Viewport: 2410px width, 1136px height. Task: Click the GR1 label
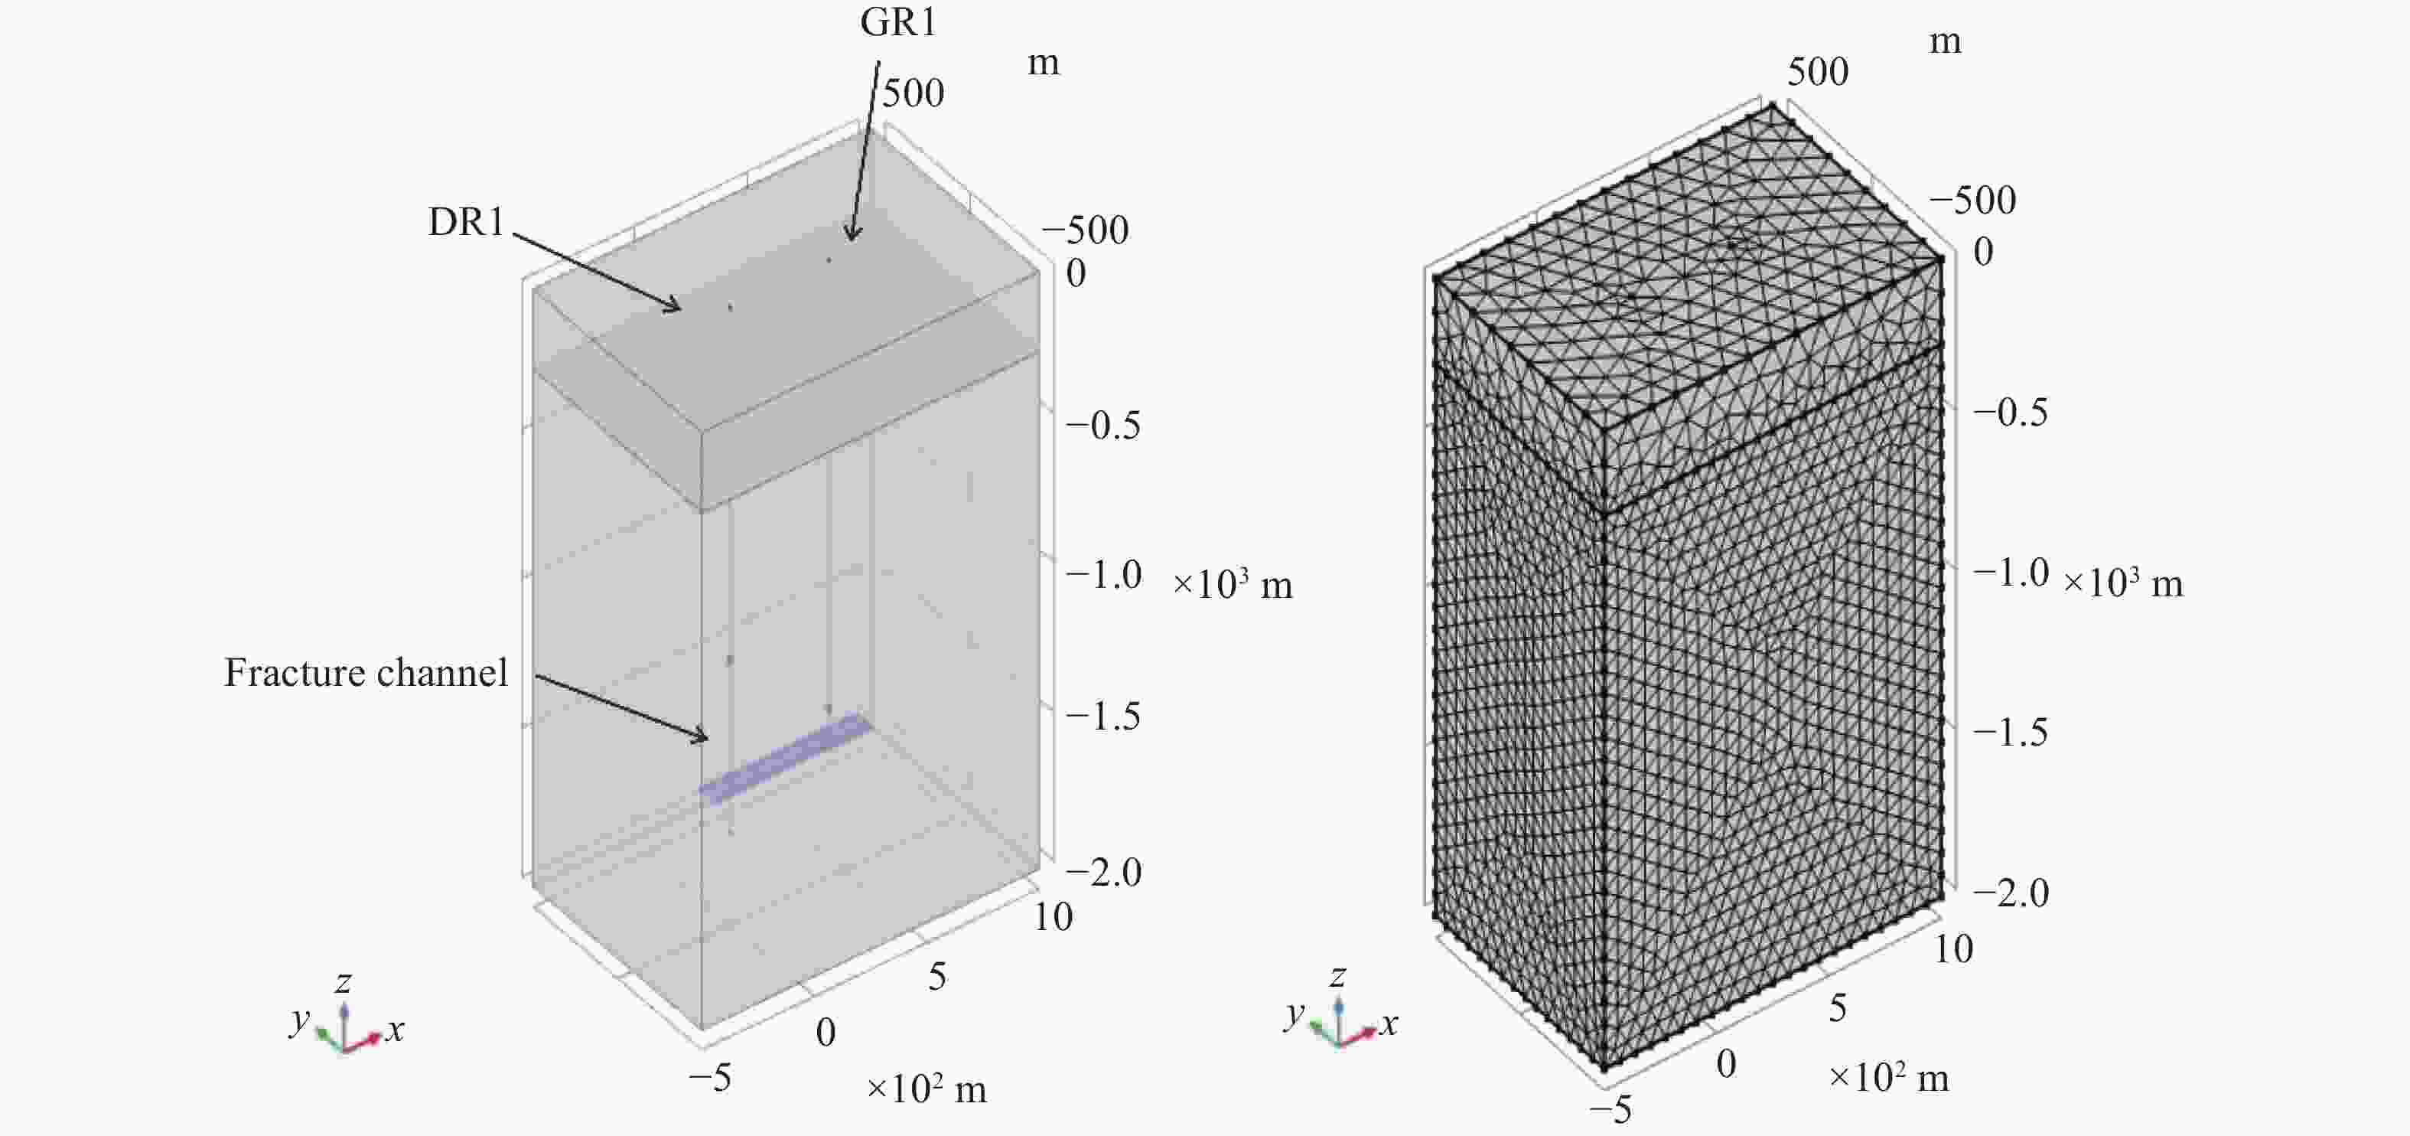pos(898,21)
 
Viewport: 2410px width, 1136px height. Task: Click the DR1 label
pos(466,222)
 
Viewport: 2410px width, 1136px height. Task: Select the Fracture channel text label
pos(366,673)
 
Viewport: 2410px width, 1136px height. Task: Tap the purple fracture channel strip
pos(786,758)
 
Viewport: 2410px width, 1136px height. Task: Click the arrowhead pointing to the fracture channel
pos(699,736)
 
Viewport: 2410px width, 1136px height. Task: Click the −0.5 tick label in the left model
pos(1104,426)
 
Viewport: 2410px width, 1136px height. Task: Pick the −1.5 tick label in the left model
pos(1104,717)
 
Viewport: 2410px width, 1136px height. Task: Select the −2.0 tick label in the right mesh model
pos(2011,893)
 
